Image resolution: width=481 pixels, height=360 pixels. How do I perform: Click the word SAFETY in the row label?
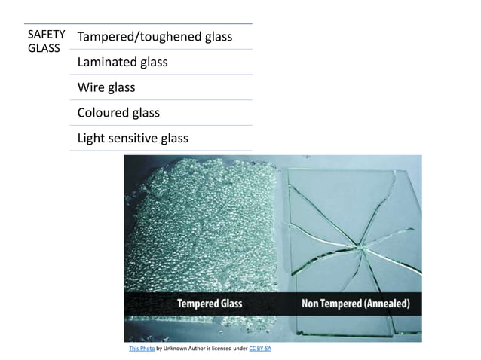pos(45,35)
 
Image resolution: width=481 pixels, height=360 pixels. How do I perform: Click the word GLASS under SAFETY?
pos(43,48)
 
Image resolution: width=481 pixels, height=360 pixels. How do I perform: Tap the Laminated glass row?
pos(122,62)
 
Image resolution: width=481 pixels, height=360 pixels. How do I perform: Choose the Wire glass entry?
pos(106,87)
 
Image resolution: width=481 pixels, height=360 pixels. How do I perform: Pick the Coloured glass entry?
pos(118,113)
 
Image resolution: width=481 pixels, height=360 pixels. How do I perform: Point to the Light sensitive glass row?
pos(133,139)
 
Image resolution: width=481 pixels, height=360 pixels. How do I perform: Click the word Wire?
pos(90,87)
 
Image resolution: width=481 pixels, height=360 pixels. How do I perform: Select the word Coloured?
pos(102,113)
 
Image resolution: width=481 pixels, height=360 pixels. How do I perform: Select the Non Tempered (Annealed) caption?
pos(356,304)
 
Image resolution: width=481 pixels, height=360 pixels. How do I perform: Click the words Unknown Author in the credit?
pos(188,349)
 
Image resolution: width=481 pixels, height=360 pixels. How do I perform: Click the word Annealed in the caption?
pos(385,304)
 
